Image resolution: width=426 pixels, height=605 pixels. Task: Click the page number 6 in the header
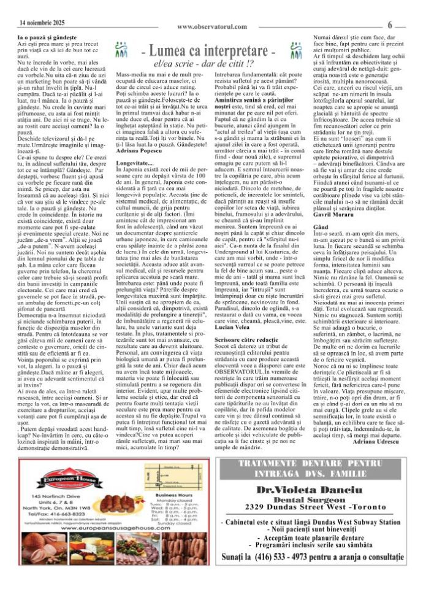coord(390,25)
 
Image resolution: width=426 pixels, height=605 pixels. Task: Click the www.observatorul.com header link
coord(212,26)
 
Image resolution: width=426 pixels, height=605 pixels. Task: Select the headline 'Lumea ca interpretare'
coord(213,50)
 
